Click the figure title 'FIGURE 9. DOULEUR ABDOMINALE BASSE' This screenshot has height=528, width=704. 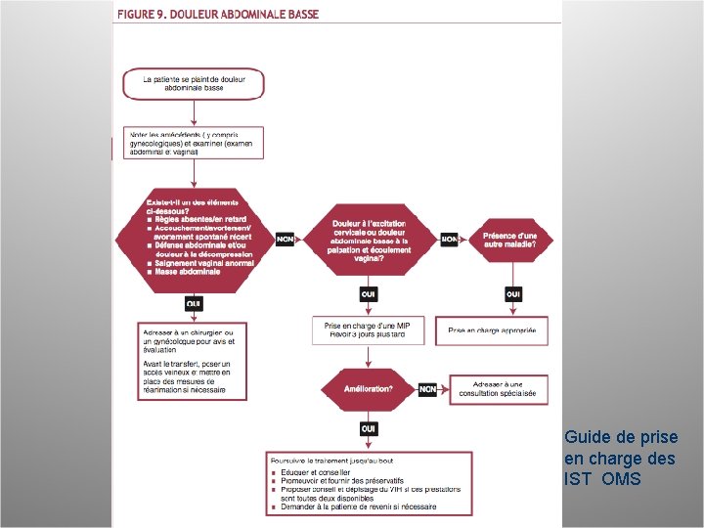tap(218, 14)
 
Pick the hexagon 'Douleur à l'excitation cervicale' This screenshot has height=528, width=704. tap(369, 239)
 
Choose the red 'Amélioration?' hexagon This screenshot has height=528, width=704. tap(369, 389)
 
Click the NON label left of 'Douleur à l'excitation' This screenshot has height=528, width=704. tap(286, 240)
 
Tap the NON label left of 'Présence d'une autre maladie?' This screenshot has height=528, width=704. tap(449, 240)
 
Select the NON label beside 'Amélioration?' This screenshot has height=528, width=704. tap(427, 389)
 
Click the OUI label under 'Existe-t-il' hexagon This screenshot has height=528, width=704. tap(195, 304)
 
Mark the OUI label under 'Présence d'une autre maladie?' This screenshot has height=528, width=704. tap(512, 294)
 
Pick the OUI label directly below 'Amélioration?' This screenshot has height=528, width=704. tap(369, 428)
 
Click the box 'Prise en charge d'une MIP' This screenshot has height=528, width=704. tap(369, 330)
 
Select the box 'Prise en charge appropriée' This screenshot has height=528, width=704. tap(492, 330)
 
